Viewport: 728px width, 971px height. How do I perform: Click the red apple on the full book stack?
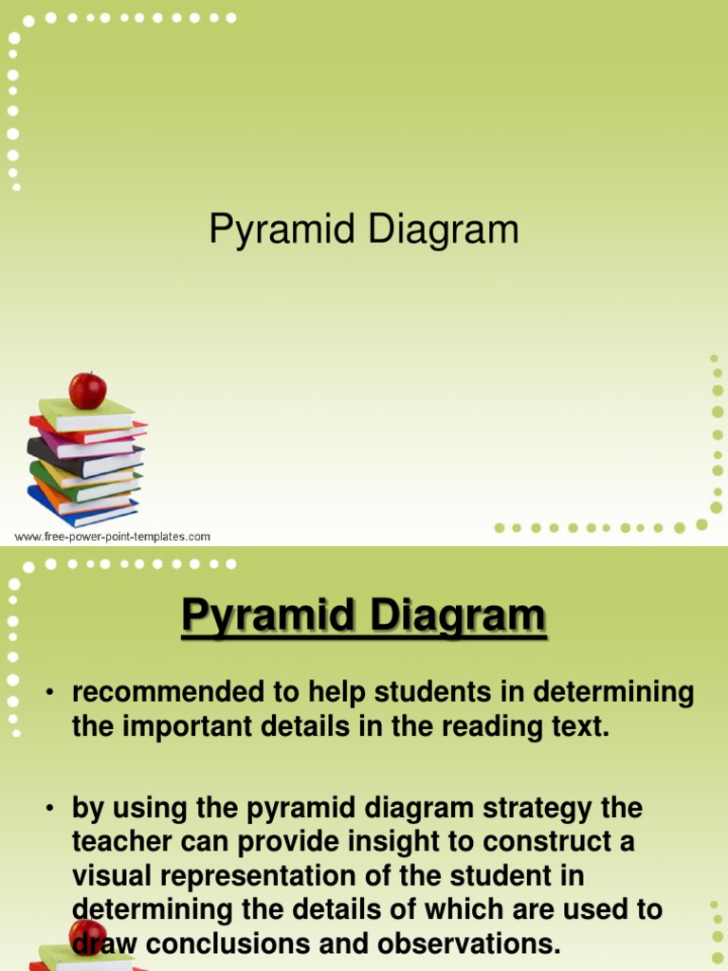(x=87, y=390)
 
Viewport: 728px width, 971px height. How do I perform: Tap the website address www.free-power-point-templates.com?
(x=112, y=537)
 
